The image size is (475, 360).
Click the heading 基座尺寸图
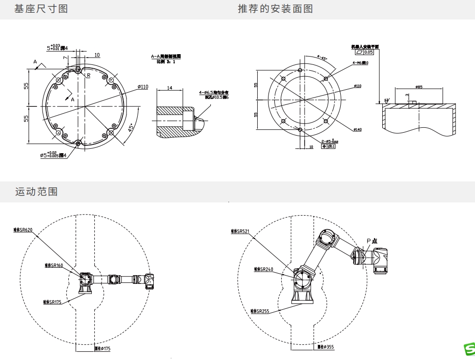(41, 9)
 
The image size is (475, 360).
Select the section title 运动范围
(37, 192)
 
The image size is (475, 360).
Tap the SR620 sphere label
(23, 230)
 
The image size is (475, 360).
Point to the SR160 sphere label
(54, 265)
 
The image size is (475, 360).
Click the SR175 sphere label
(52, 302)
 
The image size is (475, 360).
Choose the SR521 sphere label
(240, 231)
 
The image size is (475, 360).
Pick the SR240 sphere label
(264, 269)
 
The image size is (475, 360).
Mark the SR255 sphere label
(260, 311)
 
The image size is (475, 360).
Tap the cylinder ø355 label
(325, 347)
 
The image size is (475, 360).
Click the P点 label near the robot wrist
(372, 240)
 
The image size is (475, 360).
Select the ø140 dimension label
(358, 129)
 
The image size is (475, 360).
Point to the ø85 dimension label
(419, 87)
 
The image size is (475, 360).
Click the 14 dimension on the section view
(170, 88)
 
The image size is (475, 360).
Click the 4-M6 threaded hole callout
(361, 63)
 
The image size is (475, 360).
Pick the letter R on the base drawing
(88, 76)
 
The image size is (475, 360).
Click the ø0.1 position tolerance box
(330, 146)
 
